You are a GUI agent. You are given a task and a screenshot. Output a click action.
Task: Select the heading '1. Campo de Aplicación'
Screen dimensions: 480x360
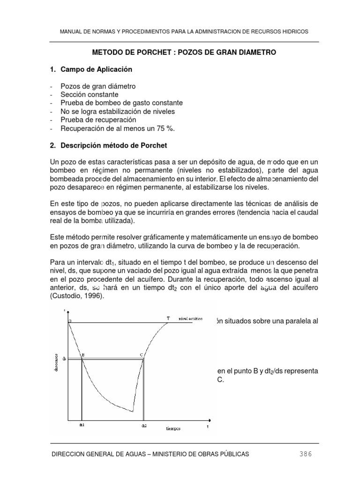click(x=91, y=69)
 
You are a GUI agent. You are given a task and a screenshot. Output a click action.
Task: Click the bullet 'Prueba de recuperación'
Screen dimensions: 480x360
click(x=95, y=120)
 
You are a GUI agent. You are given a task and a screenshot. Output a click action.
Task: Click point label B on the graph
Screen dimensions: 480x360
click(x=83, y=355)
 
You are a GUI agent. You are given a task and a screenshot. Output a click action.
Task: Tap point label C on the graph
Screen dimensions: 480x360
click(x=141, y=355)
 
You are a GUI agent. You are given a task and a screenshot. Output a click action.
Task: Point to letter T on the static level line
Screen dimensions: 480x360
click(x=168, y=318)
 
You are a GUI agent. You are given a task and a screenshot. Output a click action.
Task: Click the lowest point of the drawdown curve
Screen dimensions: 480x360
click(x=133, y=412)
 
